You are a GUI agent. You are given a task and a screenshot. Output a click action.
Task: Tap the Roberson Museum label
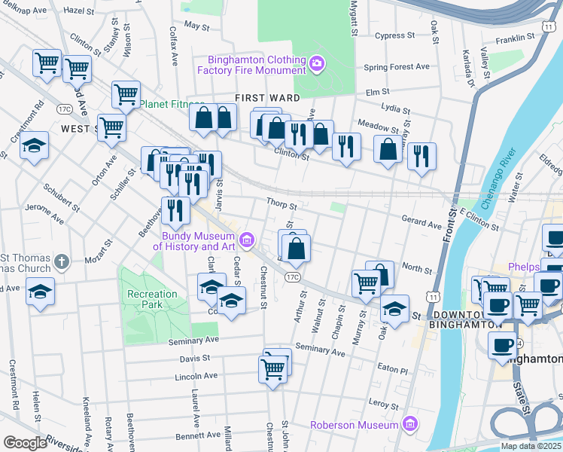point(355,426)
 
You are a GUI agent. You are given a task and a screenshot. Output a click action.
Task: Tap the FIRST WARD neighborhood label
point(267,98)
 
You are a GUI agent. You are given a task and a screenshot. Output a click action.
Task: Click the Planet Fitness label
point(172,105)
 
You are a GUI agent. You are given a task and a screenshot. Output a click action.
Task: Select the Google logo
point(25,443)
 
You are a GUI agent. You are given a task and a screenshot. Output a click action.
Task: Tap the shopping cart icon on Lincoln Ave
point(272,369)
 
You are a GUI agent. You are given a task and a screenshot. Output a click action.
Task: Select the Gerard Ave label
point(421,224)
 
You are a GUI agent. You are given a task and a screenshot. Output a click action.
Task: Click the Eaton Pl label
point(392,370)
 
